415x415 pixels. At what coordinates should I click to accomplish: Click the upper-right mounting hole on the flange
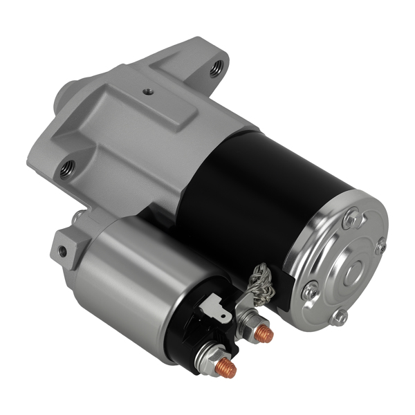tap(217, 66)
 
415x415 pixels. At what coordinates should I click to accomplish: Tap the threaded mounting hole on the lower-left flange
tap(67, 167)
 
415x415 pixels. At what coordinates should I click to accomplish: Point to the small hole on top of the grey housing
tap(147, 91)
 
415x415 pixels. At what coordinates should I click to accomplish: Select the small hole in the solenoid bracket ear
tap(62, 250)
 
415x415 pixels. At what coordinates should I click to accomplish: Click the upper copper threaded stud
tap(264, 333)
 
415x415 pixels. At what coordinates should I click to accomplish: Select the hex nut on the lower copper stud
tap(210, 356)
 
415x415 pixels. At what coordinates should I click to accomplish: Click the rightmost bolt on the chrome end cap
tap(380, 246)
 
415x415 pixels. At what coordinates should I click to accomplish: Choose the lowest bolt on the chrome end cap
tap(338, 317)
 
